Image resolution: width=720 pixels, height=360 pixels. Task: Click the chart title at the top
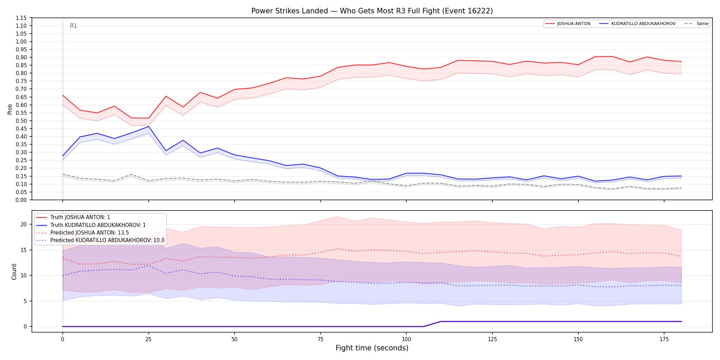tap(372, 11)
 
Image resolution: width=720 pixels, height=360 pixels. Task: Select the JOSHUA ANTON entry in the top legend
tap(568, 24)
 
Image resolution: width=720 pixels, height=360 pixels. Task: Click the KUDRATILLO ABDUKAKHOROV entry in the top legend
tap(637, 24)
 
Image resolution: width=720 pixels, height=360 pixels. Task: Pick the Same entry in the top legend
tap(696, 24)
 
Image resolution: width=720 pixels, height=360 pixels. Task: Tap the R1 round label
tap(73, 26)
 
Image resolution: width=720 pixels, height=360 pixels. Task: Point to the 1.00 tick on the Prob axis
tap(21, 41)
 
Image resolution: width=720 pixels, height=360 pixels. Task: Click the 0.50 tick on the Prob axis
tap(21, 121)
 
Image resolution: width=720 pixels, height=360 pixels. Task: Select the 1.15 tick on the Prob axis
tap(21, 18)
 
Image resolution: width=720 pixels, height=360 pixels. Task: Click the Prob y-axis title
tap(10, 109)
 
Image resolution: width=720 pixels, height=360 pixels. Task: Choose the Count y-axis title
tap(14, 272)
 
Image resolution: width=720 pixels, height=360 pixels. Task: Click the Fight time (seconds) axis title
tap(372, 348)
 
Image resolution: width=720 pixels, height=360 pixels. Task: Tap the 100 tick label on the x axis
tap(406, 339)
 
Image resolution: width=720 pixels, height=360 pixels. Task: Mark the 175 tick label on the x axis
tap(664, 339)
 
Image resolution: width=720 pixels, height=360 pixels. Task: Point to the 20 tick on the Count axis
tap(24, 225)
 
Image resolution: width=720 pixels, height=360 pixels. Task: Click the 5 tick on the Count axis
tap(25, 301)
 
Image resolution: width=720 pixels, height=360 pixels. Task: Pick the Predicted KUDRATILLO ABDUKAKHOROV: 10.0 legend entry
tap(100, 240)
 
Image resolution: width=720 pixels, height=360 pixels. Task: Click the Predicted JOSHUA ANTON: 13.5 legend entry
tap(83, 233)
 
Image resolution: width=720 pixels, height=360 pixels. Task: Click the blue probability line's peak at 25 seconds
tap(148, 127)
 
